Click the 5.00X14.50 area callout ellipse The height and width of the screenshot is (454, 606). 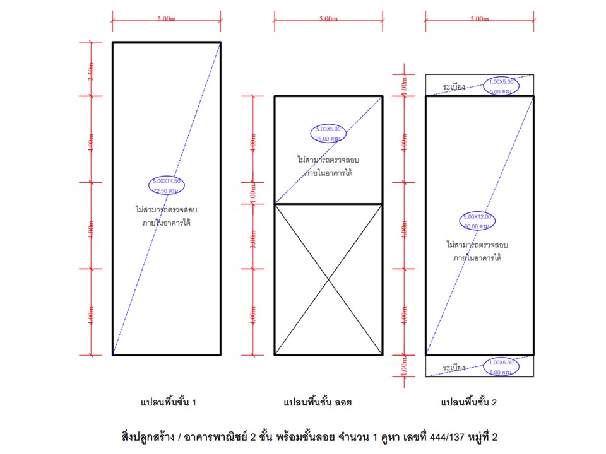click(x=167, y=185)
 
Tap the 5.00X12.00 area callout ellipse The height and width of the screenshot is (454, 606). click(x=477, y=221)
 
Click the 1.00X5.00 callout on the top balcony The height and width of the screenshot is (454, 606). click(x=502, y=86)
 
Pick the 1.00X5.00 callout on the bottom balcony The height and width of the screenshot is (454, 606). click(x=502, y=368)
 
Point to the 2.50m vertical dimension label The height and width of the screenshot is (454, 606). click(x=92, y=69)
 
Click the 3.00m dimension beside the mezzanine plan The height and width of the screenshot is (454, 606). click(x=253, y=236)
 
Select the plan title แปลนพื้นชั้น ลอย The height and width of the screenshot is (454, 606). click(x=318, y=402)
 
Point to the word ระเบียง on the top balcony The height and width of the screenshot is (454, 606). click(x=454, y=86)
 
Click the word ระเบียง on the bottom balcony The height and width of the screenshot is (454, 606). click(x=454, y=367)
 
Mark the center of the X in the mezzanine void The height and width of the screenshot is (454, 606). click(x=328, y=279)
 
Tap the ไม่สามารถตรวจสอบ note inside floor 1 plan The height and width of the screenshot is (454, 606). click(x=167, y=209)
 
